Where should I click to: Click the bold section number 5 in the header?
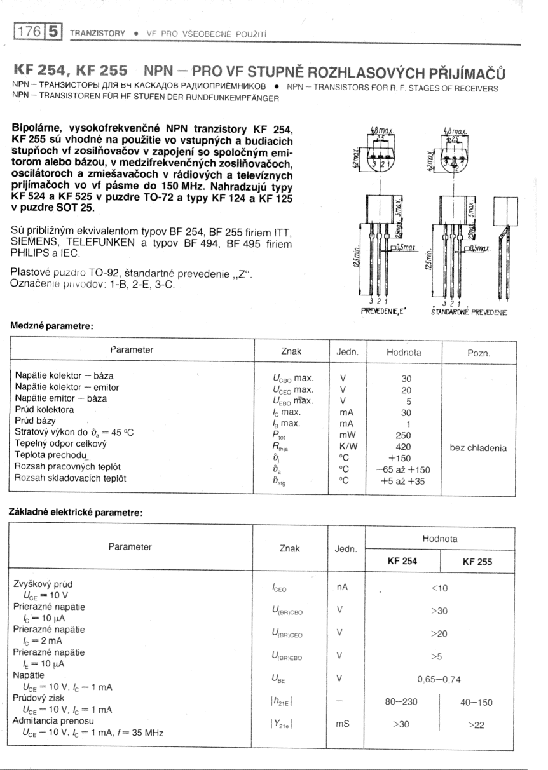pos(53,31)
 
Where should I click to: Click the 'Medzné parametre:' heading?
pos(52,326)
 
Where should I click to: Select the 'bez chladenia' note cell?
pos(478,448)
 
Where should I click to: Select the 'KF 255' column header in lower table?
pos(477,562)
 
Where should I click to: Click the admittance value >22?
pos(476,725)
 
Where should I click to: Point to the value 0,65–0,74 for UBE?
pos(439,679)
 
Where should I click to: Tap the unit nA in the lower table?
pos(343,588)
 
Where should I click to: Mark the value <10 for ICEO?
pos(439,588)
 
